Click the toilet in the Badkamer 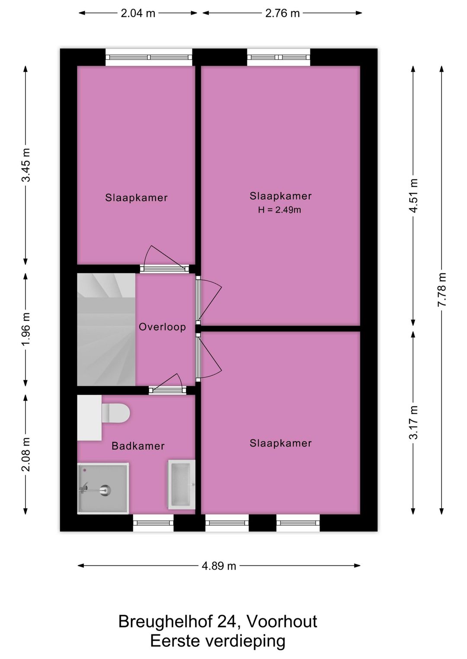point(116,412)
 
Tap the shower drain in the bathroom point(105,490)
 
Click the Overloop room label point(162,327)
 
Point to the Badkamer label point(138,446)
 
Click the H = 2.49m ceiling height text point(280,210)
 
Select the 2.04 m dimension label point(138,13)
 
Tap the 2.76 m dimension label point(282,13)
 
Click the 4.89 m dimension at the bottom point(219,566)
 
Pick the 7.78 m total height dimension point(441,290)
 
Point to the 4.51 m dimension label point(413,196)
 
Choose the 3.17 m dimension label point(413,422)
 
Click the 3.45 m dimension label point(26,165)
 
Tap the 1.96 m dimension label point(26,329)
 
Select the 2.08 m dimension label point(26,454)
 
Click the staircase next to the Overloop point(106,329)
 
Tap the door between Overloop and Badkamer point(167,390)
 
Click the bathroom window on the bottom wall point(153,523)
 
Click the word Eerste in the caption point(176,641)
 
